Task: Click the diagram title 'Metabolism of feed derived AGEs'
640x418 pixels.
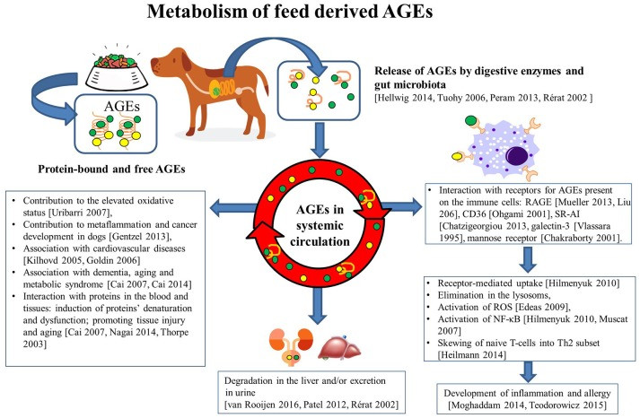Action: tap(289, 12)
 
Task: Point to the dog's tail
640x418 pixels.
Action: tap(261, 86)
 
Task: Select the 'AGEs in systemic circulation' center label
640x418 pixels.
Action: tap(320, 225)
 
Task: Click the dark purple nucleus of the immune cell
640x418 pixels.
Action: tap(517, 157)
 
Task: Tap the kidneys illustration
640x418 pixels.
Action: tap(291, 344)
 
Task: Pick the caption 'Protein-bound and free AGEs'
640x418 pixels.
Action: tap(111, 169)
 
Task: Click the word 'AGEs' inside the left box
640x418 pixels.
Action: tap(122, 107)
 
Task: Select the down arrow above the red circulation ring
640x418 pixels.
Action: tap(320, 140)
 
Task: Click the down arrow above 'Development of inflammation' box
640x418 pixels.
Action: tap(528, 371)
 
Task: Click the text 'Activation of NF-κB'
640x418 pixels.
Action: tap(479, 319)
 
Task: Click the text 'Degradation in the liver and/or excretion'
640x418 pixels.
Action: tap(304, 381)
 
